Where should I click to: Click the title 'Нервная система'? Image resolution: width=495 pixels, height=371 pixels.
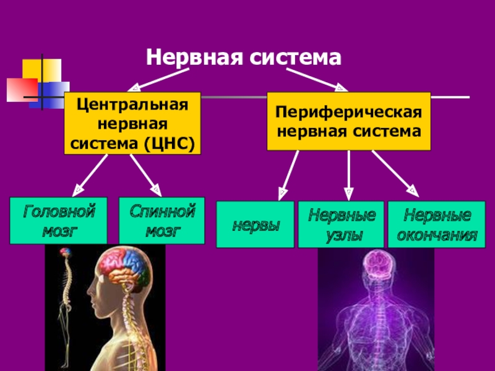coord(243,58)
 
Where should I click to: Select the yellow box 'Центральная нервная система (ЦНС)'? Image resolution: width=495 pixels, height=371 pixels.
coord(133,124)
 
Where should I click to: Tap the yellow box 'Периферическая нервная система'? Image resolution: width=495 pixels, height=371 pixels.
coord(348,122)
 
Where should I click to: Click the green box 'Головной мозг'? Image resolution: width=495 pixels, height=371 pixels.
coord(59,221)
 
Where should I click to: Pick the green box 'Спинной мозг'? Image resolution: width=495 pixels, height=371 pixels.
coord(161,221)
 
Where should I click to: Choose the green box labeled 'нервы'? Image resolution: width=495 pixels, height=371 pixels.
coord(255,224)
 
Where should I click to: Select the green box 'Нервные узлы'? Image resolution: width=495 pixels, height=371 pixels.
coord(342,224)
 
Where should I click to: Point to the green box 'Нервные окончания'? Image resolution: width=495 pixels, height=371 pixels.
coord(437,224)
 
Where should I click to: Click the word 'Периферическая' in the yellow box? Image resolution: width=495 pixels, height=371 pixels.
coord(348,113)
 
